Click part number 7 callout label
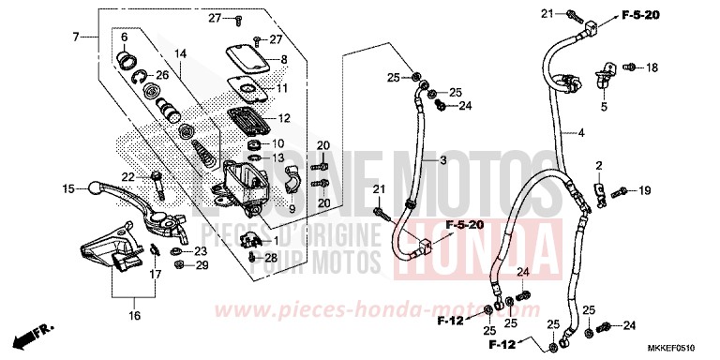pos(75,37)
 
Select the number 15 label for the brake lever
pos(67,188)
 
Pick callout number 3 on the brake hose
pos(457,162)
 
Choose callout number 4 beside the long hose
pos(580,134)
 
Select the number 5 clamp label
pos(604,108)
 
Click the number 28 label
pos(272,257)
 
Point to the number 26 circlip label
pos(162,75)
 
